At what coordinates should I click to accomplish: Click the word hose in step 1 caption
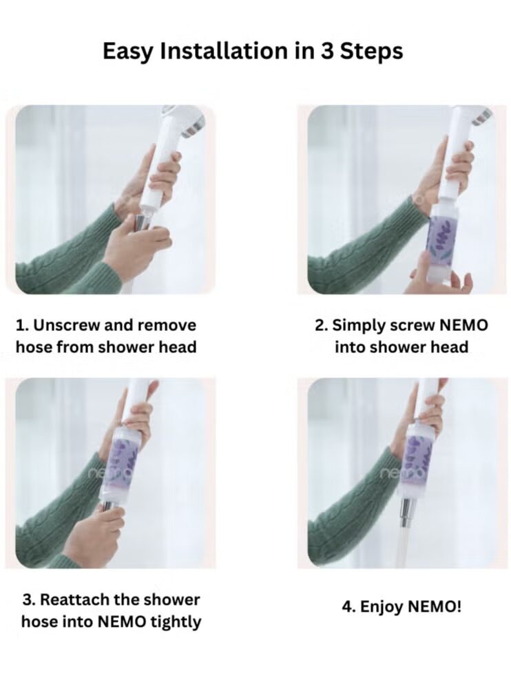point(31,347)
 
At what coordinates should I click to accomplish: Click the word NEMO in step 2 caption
point(463,325)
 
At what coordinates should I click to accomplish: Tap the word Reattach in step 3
point(74,600)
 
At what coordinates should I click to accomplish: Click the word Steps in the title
point(372,52)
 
